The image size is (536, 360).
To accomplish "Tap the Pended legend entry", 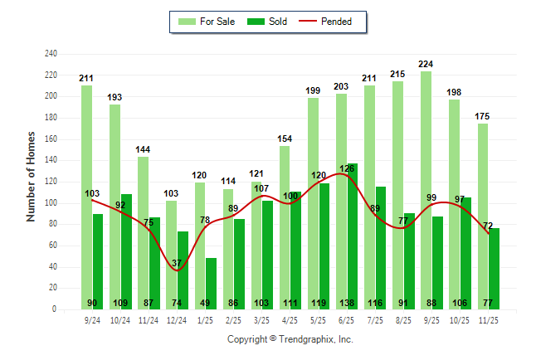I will click(x=335, y=22).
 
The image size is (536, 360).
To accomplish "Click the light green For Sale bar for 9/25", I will click(x=426, y=191).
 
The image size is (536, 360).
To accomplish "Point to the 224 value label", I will click(x=426, y=64).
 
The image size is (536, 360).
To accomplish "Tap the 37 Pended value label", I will click(x=177, y=263).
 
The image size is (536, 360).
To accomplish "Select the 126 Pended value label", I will click(x=346, y=168).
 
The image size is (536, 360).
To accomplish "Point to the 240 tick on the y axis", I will click(x=51, y=54).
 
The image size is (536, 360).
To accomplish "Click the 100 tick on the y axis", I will click(x=51, y=203).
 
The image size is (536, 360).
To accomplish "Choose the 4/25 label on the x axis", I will click(x=290, y=319).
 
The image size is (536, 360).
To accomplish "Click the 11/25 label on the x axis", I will click(x=488, y=319).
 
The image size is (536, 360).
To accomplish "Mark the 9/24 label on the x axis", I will click(x=92, y=319).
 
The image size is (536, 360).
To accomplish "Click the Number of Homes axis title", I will click(x=31, y=176).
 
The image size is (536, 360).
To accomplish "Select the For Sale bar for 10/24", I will click(x=115, y=207).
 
